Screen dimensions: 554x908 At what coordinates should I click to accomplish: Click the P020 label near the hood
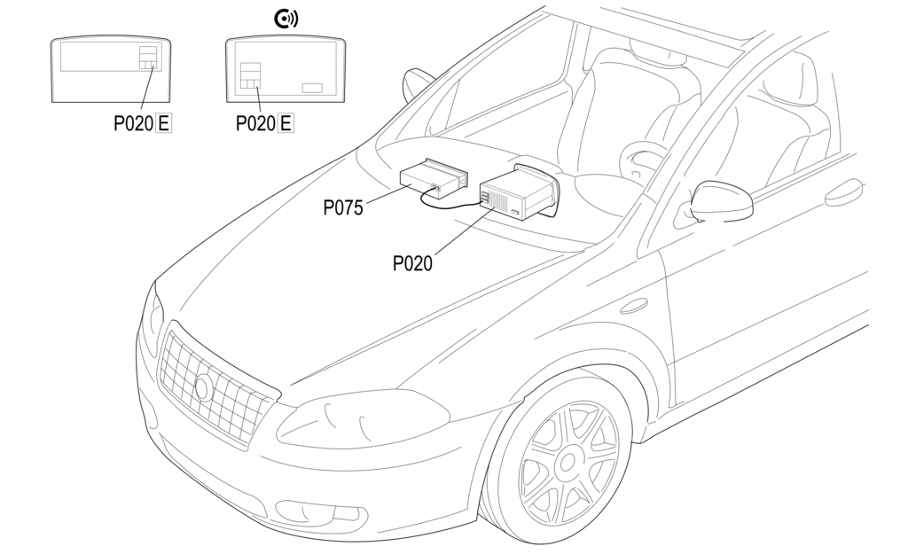click(412, 262)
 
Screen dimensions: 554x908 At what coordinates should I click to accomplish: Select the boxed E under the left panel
click(164, 123)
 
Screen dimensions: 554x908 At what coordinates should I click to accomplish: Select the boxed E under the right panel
click(286, 123)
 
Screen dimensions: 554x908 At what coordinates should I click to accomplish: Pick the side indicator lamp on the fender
click(634, 306)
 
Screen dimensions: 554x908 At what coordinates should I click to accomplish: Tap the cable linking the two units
click(448, 203)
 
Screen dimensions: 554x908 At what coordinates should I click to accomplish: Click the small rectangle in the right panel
click(312, 88)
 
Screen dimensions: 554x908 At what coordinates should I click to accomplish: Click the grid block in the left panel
click(148, 57)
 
